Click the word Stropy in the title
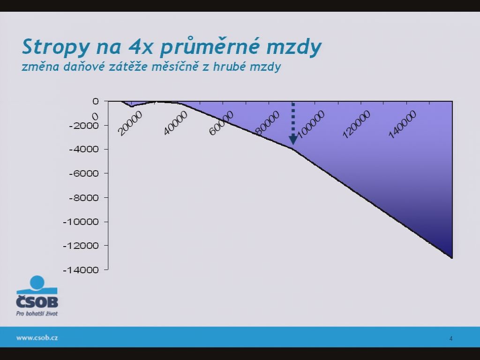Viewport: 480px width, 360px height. [56, 47]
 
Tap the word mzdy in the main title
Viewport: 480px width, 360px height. [294, 47]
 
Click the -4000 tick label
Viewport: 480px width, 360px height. [84, 150]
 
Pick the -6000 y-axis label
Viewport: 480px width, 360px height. [84, 173]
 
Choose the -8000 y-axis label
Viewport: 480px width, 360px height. [84, 198]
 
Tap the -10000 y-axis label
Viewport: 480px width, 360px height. [81, 222]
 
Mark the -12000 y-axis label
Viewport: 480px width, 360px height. [81, 246]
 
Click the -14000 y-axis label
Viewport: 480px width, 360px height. [81, 270]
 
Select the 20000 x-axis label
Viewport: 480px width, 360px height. [130, 123]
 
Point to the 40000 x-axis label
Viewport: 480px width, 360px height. [175, 123]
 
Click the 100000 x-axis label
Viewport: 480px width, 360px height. [311, 124]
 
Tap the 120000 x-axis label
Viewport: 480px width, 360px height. [357, 124]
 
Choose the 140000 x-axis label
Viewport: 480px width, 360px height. [402, 124]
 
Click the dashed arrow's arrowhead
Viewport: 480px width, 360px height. [293, 140]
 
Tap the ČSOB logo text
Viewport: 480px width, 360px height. [37, 301]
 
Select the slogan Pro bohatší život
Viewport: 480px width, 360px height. [37, 314]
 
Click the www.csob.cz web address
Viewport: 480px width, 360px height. [37, 337]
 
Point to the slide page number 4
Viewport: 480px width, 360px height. [451, 338]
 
